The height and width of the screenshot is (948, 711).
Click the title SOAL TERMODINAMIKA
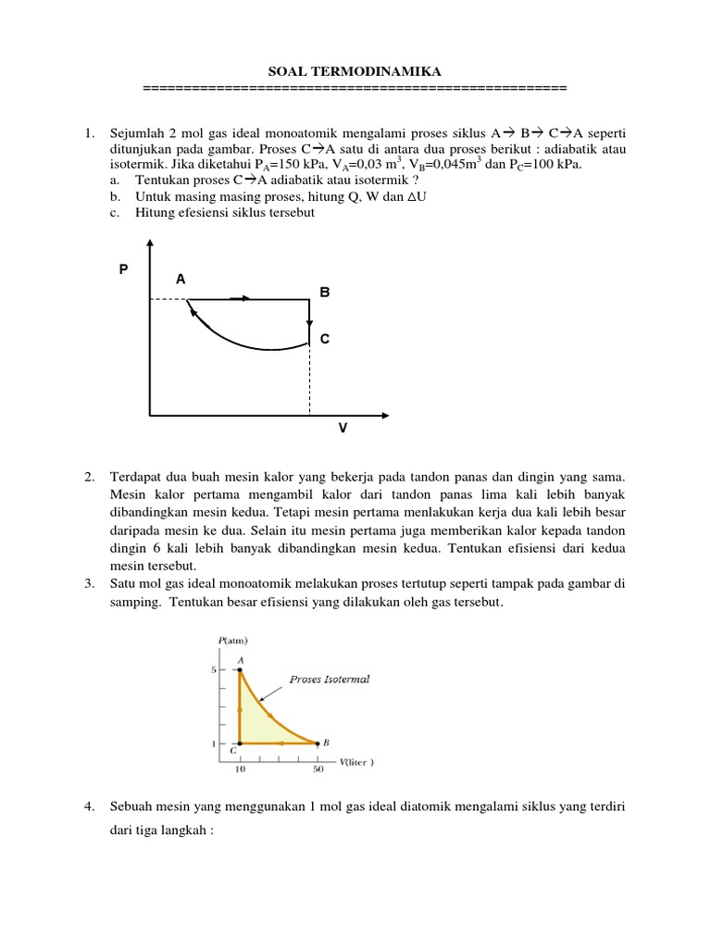[x=355, y=71]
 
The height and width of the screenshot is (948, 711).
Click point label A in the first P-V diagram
[x=181, y=278]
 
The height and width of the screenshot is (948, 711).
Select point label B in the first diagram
[x=324, y=292]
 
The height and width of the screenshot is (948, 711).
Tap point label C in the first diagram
[x=324, y=340]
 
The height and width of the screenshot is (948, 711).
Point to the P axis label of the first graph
[x=123, y=269]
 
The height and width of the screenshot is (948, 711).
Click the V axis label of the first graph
[x=343, y=429]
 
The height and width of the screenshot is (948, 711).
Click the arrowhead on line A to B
[x=246, y=298]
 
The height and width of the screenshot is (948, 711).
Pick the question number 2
[x=89, y=477]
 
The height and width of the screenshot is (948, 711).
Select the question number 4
[x=89, y=807]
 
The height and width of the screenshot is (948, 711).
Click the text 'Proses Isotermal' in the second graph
[x=329, y=679]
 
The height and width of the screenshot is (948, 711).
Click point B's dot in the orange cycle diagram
[x=318, y=742]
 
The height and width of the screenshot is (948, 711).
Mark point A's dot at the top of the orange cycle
[x=240, y=669]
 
